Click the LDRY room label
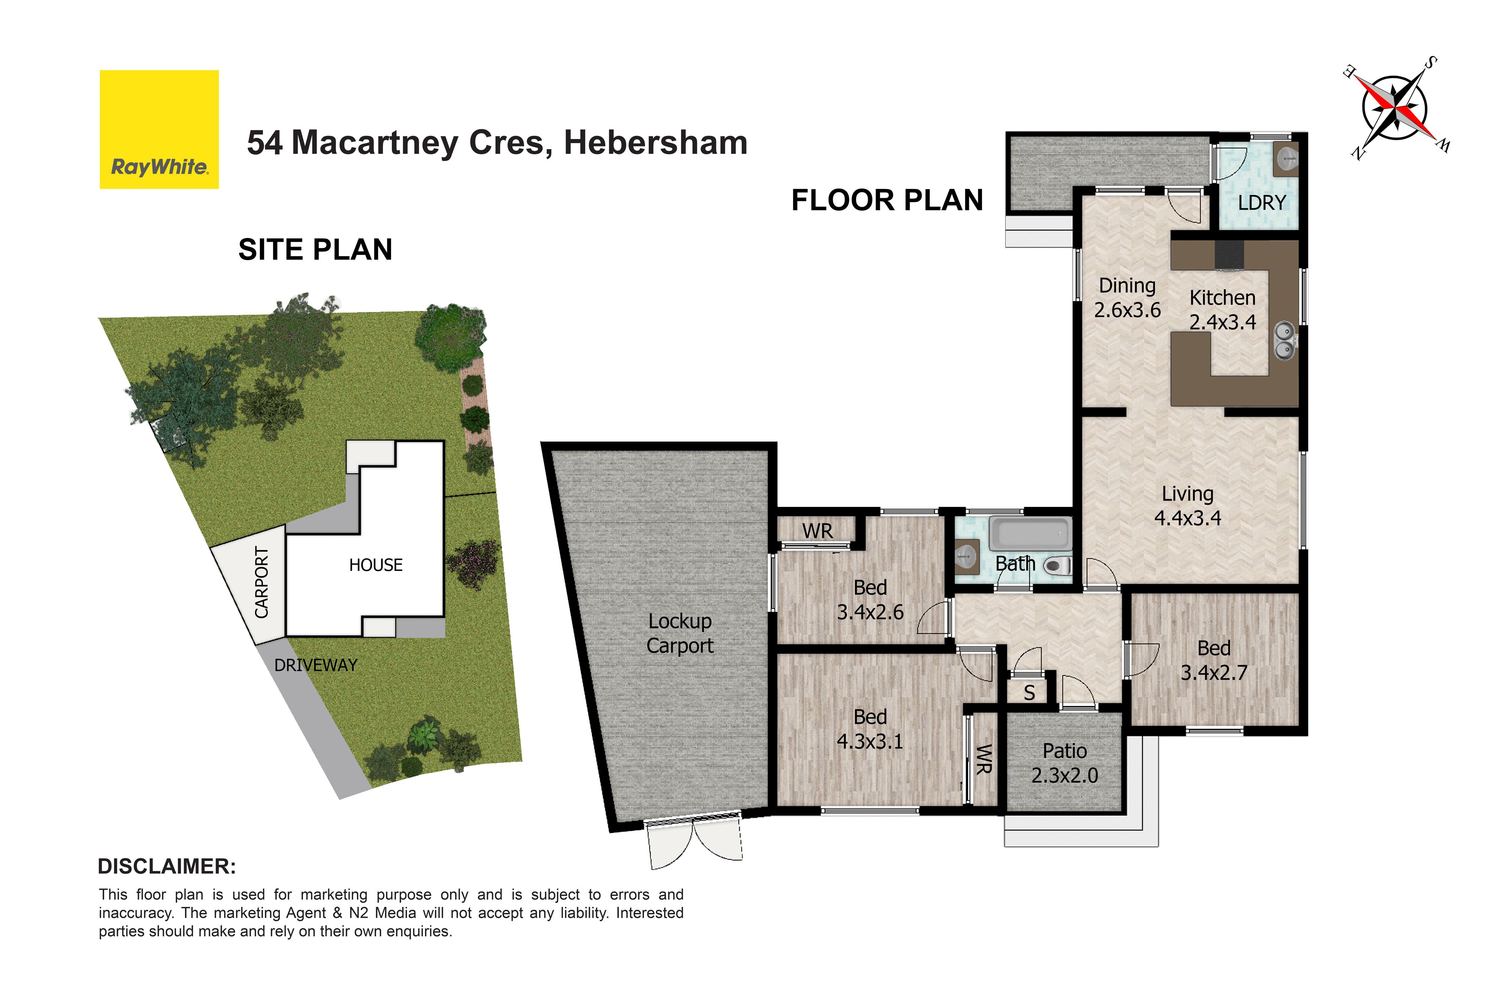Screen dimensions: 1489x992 click(x=1262, y=203)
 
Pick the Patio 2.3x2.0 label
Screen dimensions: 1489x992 click(x=1065, y=763)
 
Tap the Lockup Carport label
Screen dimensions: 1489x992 click(x=680, y=633)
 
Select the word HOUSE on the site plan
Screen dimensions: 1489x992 click(x=376, y=565)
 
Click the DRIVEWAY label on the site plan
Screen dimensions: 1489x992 click(x=316, y=665)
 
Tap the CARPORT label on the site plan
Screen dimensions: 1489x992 click(x=261, y=583)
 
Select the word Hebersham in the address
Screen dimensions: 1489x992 click(x=656, y=142)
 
